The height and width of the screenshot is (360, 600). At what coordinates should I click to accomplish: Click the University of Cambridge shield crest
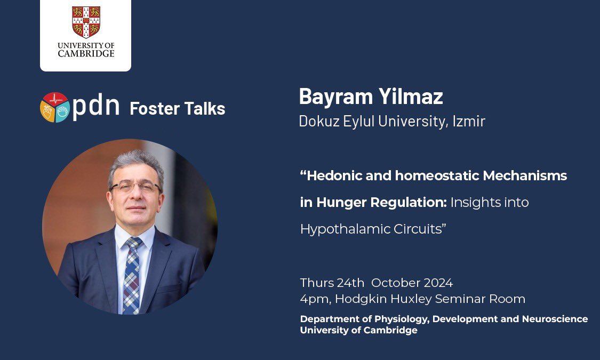click(x=86, y=22)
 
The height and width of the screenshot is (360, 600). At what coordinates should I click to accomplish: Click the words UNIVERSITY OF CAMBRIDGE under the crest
click(x=86, y=50)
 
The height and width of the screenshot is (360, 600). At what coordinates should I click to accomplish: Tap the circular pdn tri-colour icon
click(x=55, y=107)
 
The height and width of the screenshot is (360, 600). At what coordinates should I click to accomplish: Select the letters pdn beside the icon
click(x=96, y=107)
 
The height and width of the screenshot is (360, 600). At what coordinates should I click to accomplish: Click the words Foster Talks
click(x=177, y=109)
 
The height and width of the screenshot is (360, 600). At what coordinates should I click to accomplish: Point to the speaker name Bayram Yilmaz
click(x=371, y=97)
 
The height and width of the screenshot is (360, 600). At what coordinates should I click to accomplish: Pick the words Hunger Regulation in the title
click(x=382, y=203)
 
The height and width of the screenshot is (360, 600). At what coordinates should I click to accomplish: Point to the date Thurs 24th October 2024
click(x=376, y=283)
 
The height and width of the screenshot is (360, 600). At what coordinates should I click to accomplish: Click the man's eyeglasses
click(x=135, y=187)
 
